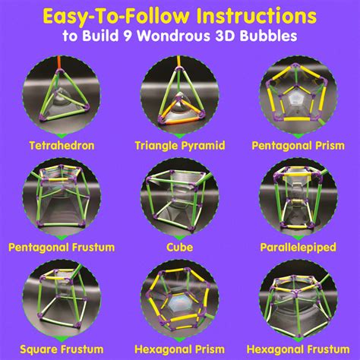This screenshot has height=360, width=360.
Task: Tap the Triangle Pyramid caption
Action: pos(179,144)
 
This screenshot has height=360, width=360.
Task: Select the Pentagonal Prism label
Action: pos(299,144)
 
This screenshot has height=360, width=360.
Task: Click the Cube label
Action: pos(179,247)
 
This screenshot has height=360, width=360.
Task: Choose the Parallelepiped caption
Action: pos(299,247)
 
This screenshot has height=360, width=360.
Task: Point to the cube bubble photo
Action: pos(179,199)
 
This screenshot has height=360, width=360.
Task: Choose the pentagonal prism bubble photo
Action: pos(299,96)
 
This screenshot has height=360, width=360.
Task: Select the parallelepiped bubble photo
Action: pos(299,199)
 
